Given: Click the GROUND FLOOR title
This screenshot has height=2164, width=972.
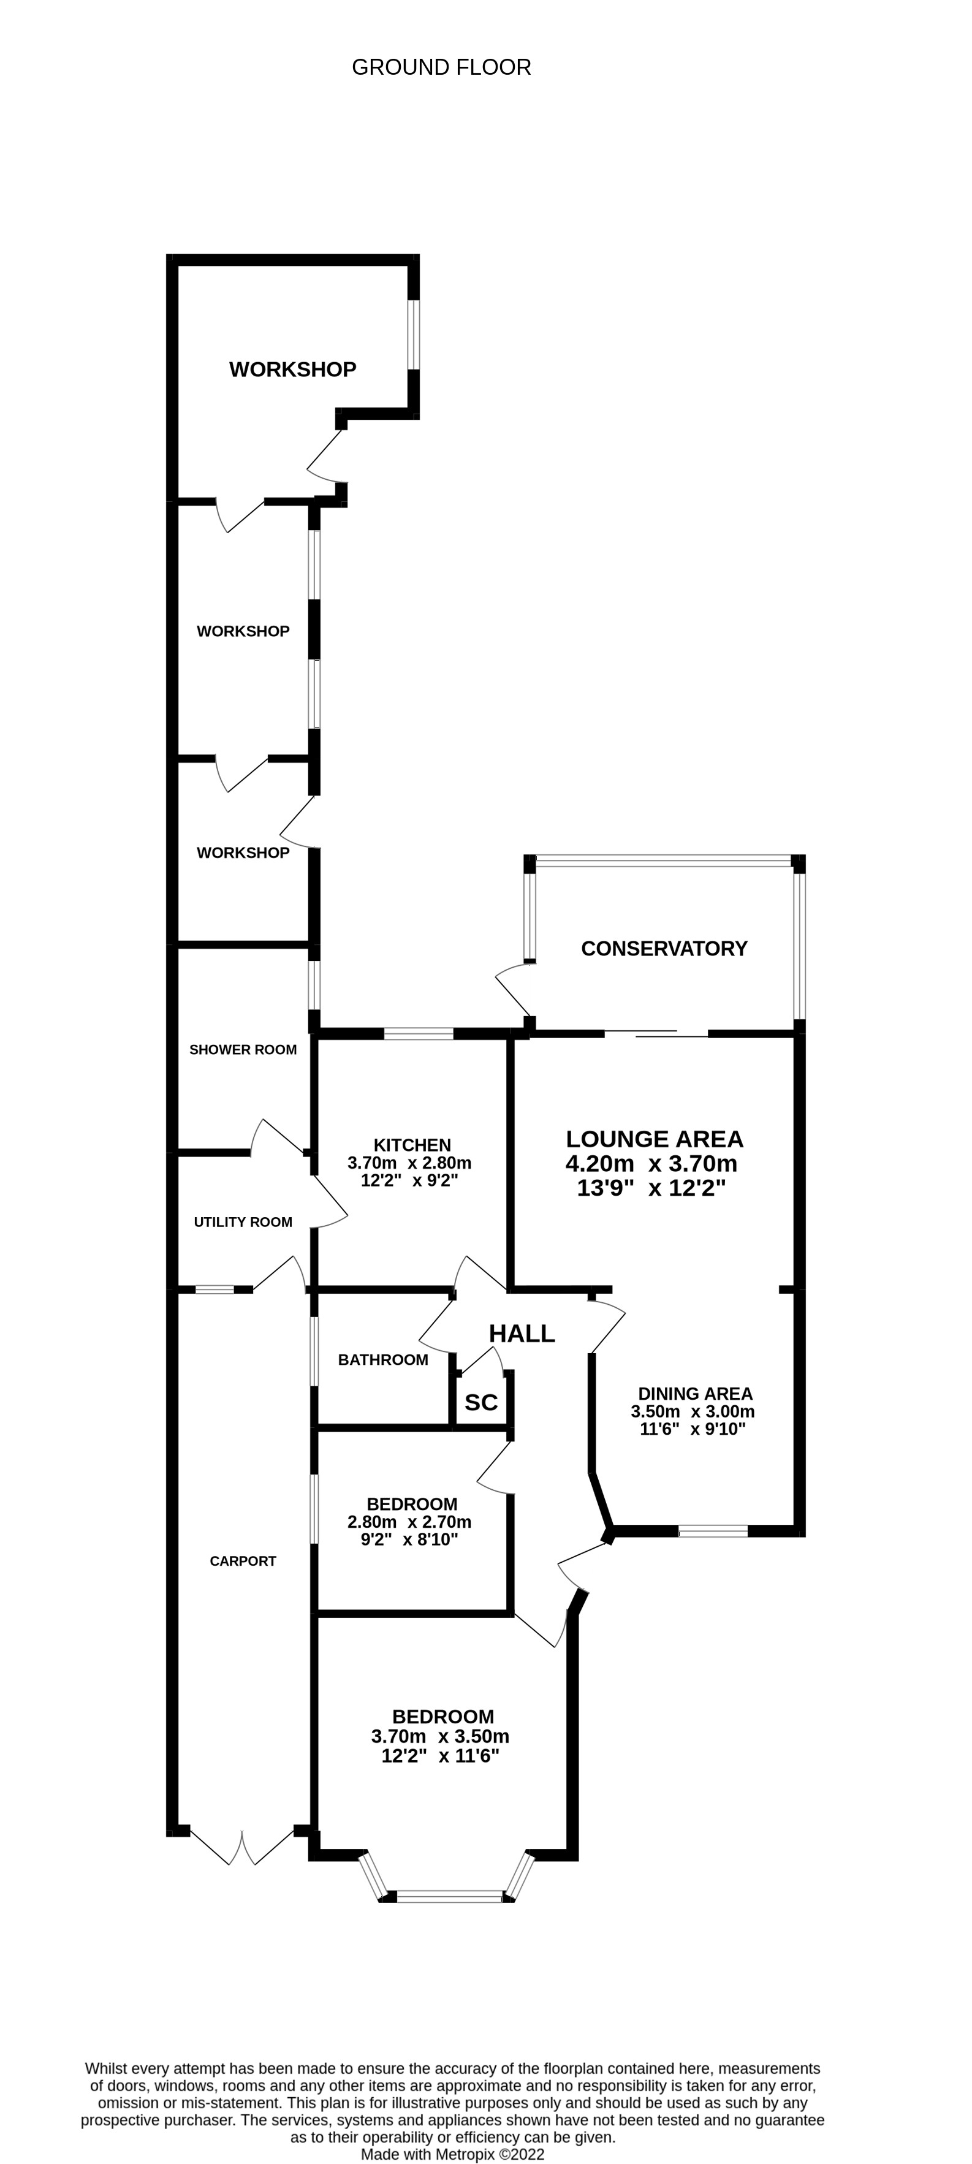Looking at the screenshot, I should click(441, 67).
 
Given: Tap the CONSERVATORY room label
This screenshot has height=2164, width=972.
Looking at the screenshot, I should click(664, 949).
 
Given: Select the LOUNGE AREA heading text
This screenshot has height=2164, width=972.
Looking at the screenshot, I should click(653, 1139).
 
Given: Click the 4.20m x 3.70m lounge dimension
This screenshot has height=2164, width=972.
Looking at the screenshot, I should click(651, 1163).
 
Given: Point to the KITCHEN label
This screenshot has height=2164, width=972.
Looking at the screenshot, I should click(412, 1145).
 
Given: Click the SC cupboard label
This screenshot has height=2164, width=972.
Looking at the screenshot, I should click(480, 1402).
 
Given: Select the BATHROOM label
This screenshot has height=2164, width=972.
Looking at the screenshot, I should click(383, 1359).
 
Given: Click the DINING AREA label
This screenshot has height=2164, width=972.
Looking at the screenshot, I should click(695, 1394).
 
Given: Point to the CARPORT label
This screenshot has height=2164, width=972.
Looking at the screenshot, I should click(243, 1561).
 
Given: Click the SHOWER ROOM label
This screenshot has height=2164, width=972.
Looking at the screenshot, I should click(243, 1049).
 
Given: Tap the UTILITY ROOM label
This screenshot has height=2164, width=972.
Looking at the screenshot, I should click(243, 1222).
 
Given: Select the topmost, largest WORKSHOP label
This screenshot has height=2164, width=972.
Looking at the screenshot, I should click(292, 369).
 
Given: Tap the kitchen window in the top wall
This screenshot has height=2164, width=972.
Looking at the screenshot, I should click(419, 1033).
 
